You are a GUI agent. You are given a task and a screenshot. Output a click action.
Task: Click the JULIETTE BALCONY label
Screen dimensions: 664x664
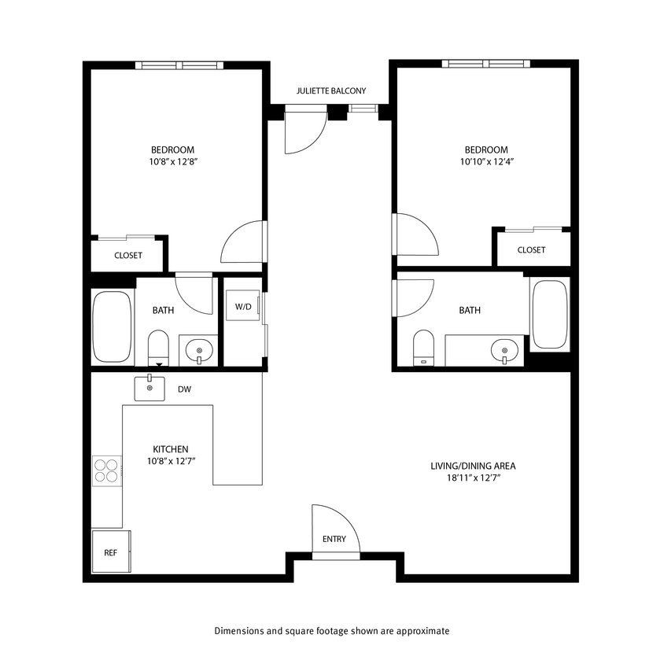tap(330, 91)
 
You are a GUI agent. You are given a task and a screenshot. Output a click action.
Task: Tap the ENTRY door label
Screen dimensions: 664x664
tap(334, 539)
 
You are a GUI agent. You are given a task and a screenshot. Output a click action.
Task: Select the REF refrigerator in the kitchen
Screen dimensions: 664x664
tap(111, 551)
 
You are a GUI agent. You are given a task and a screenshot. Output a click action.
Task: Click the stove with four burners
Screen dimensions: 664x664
tap(106, 470)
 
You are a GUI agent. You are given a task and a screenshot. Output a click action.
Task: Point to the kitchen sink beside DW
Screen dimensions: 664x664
tap(149, 389)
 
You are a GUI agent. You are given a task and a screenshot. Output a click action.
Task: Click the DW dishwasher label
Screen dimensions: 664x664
tap(184, 389)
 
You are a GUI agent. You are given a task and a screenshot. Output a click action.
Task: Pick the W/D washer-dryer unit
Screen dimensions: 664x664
tap(242, 306)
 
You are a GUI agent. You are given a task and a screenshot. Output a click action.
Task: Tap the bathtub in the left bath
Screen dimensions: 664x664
tap(112, 326)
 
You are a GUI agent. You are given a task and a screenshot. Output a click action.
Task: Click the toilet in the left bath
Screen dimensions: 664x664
tap(159, 347)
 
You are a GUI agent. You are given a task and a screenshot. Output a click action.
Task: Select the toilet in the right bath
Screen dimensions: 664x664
tap(423, 347)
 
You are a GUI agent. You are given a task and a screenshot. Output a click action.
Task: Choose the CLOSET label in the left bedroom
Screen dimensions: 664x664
tap(128, 256)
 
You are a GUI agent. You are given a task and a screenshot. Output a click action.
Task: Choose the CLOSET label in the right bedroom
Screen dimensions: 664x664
tap(531, 250)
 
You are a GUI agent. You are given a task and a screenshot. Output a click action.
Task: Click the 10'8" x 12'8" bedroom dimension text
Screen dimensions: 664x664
tap(172, 162)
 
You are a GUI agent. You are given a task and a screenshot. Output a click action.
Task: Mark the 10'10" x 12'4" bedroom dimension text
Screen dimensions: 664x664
tap(485, 162)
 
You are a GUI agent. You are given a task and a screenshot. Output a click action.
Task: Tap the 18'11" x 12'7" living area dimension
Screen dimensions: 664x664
tap(473, 478)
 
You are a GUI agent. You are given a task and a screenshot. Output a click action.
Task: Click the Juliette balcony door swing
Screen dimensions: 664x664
tap(304, 131)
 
